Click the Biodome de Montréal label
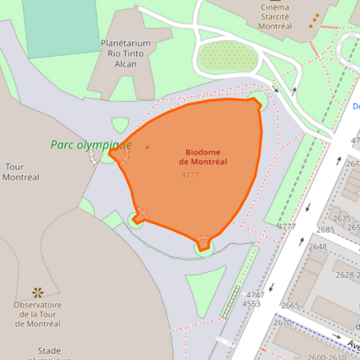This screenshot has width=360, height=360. pyautogui.click(x=203, y=157)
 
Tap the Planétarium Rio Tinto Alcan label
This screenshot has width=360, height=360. pyautogui.click(x=126, y=53)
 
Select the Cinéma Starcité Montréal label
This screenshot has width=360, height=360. pyautogui.click(x=275, y=17)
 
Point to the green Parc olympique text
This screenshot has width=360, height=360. pyautogui.click(x=91, y=145)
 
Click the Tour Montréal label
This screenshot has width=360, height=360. pyautogui.click(x=21, y=172)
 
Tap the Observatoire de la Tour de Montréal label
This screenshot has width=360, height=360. pyautogui.click(x=38, y=314)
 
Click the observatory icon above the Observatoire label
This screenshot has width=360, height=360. pyautogui.click(x=38, y=292)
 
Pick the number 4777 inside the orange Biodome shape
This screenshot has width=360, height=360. pyautogui.click(x=190, y=175)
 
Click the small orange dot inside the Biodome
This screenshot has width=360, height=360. pyautogui.click(x=147, y=147)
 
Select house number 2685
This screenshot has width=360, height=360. pyautogui.click(x=326, y=230)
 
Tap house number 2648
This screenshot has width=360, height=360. pyautogui.click(x=317, y=247)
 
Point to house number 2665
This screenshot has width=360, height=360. pyautogui.click(x=290, y=306)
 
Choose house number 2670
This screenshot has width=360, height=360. pyautogui.click(x=282, y=323)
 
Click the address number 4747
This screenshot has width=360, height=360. pyautogui.click(x=255, y=295)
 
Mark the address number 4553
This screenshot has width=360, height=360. pyautogui.click(x=251, y=304)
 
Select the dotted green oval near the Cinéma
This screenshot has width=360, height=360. pyautogui.click(x=228, y=57)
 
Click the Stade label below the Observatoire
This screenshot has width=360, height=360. pyautogui.click(x=49, y=351)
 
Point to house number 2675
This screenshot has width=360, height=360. pyautogui.click(x=342, y=218)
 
